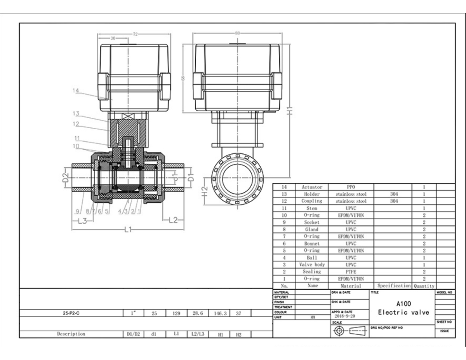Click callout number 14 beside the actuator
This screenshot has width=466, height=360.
click(x=76, y=90)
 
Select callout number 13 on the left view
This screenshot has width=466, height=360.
click(x=76, y=114)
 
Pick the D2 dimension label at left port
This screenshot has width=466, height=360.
click(x=66, y=179)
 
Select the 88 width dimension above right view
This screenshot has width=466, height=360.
click(x=237, y=33)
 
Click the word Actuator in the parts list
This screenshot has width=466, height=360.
click(x=312, y=187)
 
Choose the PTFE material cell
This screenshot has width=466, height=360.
click(x=351, y=272)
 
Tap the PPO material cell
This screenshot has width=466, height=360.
click(x=351, y=187)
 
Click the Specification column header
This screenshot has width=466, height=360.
click(x=394, y=286)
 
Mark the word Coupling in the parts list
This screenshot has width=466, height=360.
click(x=312, y=201)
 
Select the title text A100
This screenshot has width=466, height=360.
click(x=403, y=304)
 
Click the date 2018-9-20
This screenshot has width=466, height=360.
click(x=345, y=317)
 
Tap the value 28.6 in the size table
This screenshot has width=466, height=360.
click(x=198, y=313)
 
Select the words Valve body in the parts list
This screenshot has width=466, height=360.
click(x=312, y=265)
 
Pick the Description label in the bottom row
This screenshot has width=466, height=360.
click(x=71, y=334)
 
